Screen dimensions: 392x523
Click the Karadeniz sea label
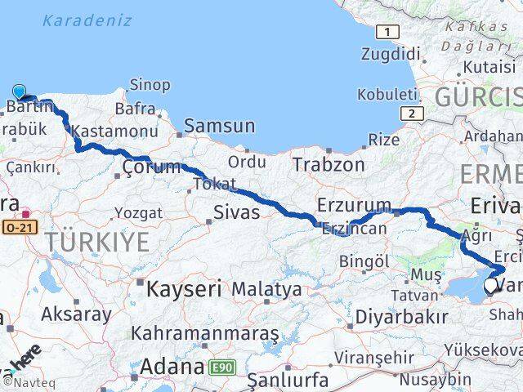point(87,20)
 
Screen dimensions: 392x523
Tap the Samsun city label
point(219,127)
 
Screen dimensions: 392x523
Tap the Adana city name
point(171,367)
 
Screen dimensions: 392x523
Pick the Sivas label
point(236,213)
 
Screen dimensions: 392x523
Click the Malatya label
point(266,289)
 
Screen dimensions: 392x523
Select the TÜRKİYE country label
point(96,242)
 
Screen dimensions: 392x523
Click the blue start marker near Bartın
point(19,93)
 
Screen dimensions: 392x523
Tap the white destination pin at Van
point(491,286)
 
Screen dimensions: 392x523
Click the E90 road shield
point(221,368)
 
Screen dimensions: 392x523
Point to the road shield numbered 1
point(387,33)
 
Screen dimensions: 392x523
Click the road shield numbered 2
point(412,114)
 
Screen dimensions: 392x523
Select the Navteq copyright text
point(25,382)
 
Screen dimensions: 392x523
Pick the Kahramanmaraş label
point(204,334)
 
